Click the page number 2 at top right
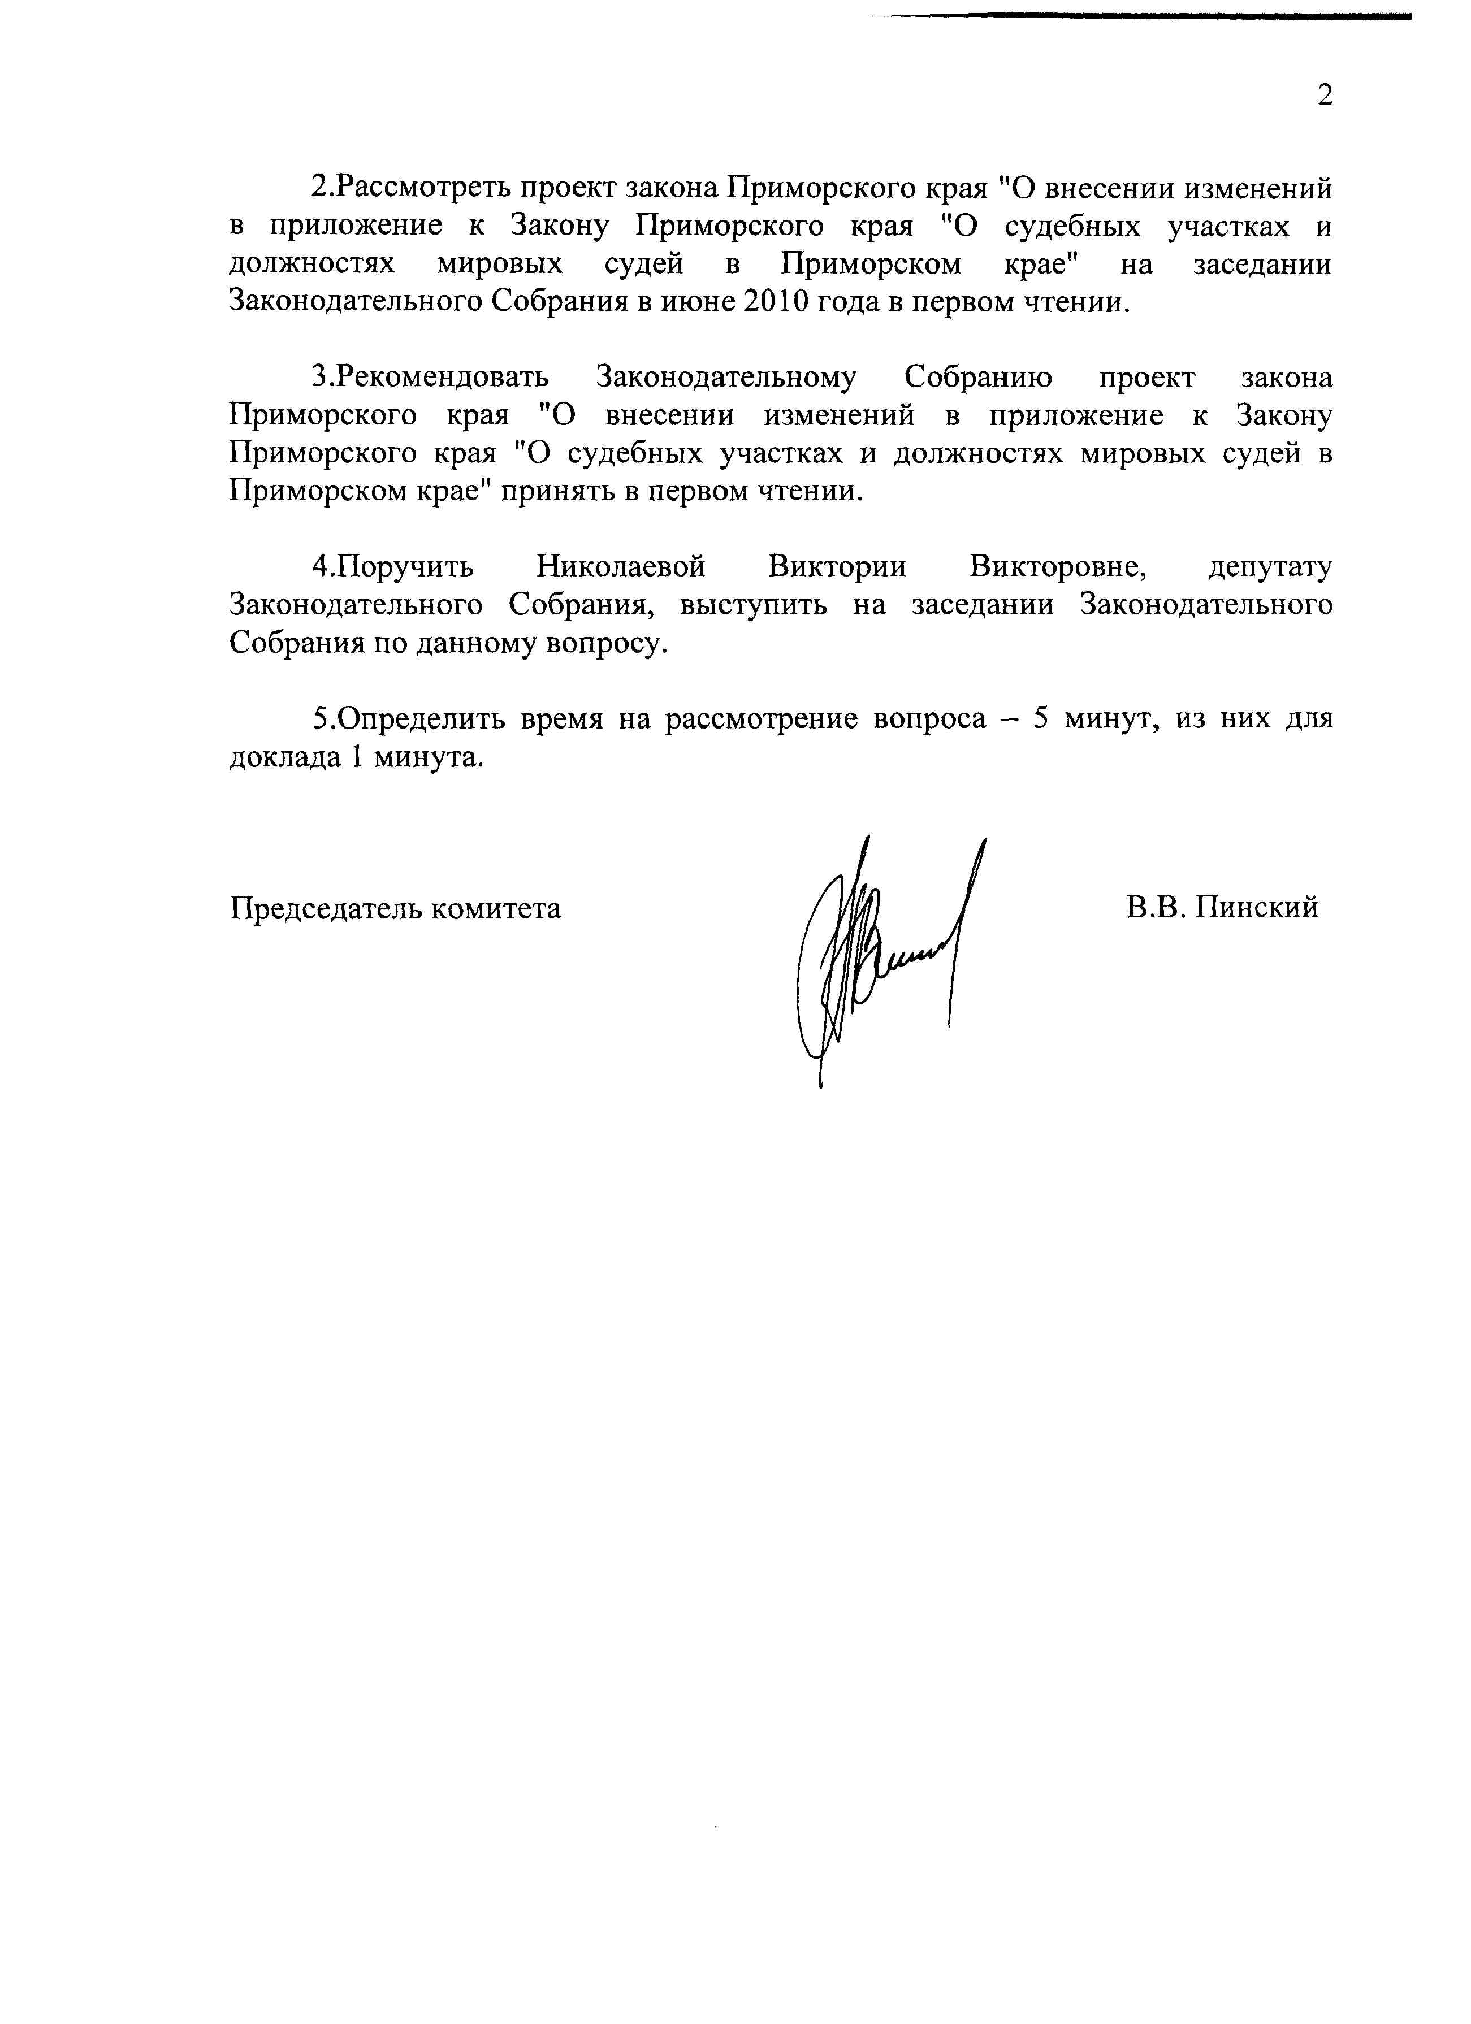(1325, 94)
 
